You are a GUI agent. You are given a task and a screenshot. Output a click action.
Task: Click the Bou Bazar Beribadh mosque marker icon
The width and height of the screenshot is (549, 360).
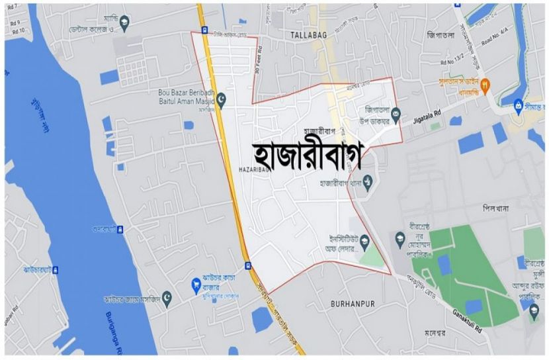click(222, 100)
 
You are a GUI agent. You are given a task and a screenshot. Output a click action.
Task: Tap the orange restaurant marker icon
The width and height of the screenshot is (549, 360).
click(486, 84)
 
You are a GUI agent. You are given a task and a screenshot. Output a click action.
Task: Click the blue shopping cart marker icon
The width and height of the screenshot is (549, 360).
click(196, 285)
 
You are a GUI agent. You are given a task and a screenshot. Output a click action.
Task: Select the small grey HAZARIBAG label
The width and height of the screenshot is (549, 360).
click(253, 170)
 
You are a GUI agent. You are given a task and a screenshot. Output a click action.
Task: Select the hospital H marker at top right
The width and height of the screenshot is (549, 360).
click(456, 3)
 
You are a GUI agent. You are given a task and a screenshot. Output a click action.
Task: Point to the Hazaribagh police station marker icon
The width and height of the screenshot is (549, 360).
click(369, 181)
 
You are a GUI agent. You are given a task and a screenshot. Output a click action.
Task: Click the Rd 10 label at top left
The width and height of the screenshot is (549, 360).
click(18, 31)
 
